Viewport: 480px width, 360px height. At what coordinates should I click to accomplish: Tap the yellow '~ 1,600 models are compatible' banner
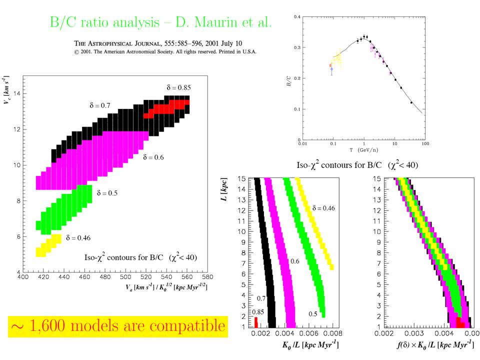pyautogui.click(x=117, y=326)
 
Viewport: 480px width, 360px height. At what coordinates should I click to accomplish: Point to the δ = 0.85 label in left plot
pyautogui.click(x=178, y=87)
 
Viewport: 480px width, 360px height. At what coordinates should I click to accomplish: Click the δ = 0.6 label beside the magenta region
pyautogui.click(x=167, y=157)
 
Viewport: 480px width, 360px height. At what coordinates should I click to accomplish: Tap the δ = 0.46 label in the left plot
pyautogui.click(x=78, y=237)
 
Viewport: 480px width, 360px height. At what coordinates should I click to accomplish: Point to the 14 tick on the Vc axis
pyautogui.click(x=16, y=93)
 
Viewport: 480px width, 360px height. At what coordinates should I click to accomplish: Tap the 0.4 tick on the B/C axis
pyautogui.click(x=297, y=17)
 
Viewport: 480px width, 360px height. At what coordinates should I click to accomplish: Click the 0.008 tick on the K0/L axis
pyautogui.click(x=334, y=332)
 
